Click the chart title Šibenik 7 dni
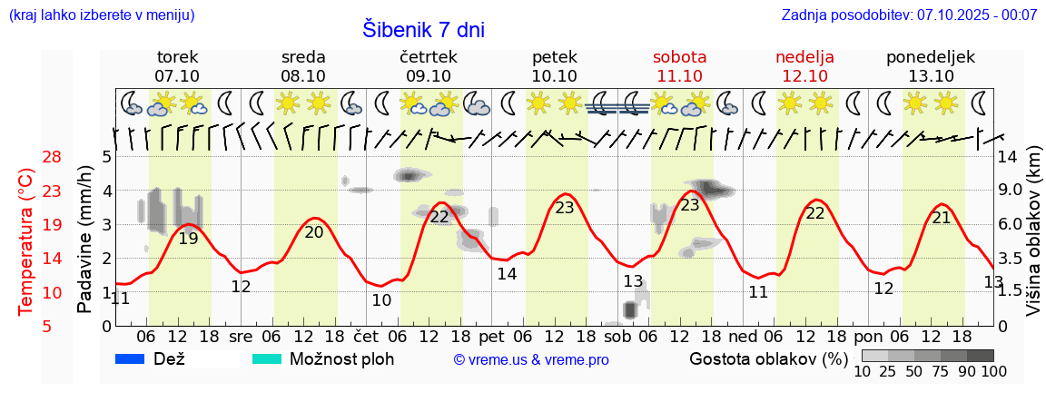click(x=423, y=29)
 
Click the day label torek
click(x=177, y=57)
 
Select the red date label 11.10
click(x=679, y=76)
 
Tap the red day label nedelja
click(x=804, y=57)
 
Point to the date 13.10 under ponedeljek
click(x=931, y=76)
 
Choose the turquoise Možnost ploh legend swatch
click(x=267, y=359)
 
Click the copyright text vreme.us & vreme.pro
click(x=531, y=360)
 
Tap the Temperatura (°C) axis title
click(x=26, y=242)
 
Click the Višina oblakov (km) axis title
click(x=1032, y=242)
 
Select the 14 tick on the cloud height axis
click(x=1010, y=157)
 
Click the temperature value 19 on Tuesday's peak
click(x=188, y=239)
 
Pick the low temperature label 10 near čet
click(x=381, y=300)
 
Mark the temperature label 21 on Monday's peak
click(x=942, y=218)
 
